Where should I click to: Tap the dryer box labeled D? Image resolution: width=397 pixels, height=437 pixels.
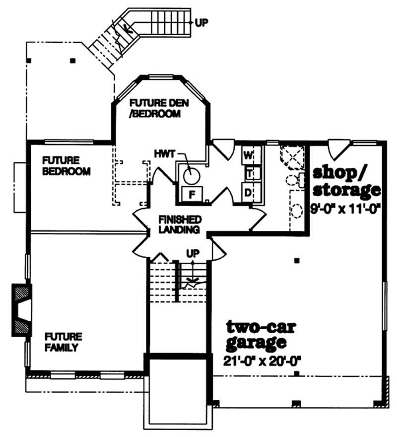tap(248, 192)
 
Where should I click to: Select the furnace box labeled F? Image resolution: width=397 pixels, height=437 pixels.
tap(191, 194)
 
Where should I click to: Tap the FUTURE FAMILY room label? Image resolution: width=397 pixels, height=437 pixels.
tap(62, 342)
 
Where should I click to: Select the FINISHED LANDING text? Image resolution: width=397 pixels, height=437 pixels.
tap(179, 224)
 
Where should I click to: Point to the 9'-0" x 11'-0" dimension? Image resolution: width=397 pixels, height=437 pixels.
tap(345, 209)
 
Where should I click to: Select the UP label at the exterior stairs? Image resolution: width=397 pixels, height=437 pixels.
tap(201, 22)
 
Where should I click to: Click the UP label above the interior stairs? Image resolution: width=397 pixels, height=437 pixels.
tap(193, 254)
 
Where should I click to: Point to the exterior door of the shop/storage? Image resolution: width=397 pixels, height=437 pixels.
tap(339, 146)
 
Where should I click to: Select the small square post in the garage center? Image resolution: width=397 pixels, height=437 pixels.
tap(296, 260)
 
